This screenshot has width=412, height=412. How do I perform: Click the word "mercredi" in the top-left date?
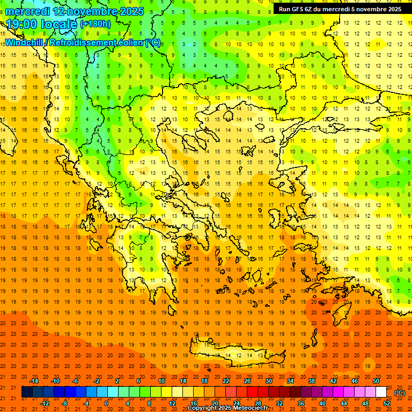coord(28,11)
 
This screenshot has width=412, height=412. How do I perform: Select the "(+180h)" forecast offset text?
coord(95,24)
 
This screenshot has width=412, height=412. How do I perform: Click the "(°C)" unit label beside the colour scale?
coord(399,393)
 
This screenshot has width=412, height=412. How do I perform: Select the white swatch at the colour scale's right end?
coord(381,392)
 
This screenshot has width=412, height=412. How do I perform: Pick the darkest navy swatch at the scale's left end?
coord(27,392)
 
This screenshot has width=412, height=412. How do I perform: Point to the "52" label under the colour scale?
coord(387,403)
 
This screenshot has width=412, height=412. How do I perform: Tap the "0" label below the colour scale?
coord(106,403)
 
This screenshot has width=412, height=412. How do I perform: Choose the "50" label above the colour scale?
coord(376,381)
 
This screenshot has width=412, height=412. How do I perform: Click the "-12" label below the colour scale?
coord(45,403)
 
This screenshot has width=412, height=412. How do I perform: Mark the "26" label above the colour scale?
coord(247,381)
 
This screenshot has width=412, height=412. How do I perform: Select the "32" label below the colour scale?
coord(279,403)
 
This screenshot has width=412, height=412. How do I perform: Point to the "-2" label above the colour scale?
coord(97,381)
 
